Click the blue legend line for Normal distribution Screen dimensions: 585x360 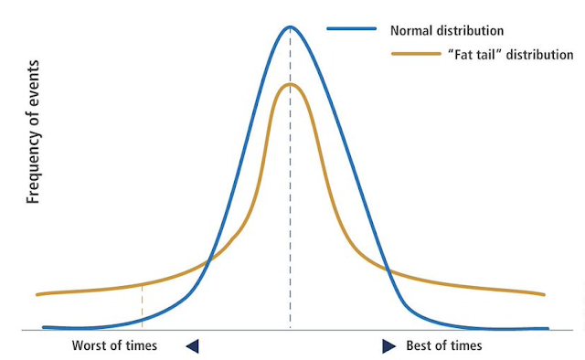point(351,28)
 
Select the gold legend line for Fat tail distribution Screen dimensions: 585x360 point(417,54)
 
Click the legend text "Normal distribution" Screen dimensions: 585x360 point(447,30)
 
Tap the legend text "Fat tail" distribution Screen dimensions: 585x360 point(510,55)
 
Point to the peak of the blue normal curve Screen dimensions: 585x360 point(290,26)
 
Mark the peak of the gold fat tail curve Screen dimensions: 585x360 point(290,84)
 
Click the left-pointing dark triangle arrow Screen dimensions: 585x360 point(193,346)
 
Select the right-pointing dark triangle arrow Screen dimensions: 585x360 point(388,346)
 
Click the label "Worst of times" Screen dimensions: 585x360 point(114,345)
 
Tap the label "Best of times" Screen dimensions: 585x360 point(444,345)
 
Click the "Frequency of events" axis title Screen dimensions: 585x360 point(33,132)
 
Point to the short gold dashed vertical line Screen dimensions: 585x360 point(142,307)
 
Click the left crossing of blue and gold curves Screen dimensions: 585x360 point(208,262)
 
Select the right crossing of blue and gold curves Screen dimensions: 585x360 point(388,270)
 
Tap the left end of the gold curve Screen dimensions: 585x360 point(37,295)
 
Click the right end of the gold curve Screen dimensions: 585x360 point(544,295)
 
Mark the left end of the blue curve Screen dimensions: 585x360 point(44,327)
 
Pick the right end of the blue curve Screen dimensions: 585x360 point(548,329)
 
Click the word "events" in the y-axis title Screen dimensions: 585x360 point(33,78)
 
